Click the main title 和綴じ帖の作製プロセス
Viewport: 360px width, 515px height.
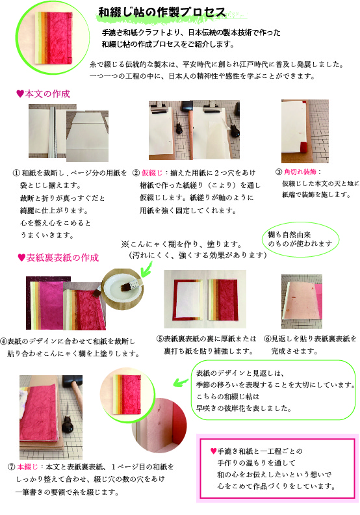(162, 12)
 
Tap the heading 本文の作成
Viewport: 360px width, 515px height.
(47, 94)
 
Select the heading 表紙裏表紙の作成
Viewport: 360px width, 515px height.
(62, 257)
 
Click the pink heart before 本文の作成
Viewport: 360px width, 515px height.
(20, 94)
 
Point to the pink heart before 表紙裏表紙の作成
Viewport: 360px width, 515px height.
(21, 258)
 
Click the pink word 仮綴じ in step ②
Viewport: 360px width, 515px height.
(152, 172)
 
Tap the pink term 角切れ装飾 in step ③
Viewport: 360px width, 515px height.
(300, 172)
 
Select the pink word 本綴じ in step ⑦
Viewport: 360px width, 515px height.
(27, 466)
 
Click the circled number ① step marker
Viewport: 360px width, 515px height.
(16, 173)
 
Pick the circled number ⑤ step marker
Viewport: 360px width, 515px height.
(160, 338)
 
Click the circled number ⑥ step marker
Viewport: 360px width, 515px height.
(268, 338)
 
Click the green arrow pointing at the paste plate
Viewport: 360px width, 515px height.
(146, 269)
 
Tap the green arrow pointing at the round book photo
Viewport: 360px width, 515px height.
(181, 382)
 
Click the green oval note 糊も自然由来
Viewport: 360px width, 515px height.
(301, 239)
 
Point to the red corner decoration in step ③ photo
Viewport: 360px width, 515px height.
(303, 146)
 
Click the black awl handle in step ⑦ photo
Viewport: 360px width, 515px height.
(68, 424)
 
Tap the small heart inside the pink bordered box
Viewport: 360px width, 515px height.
(213, 451)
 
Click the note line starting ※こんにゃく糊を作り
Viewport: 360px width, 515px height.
(181, 244)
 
